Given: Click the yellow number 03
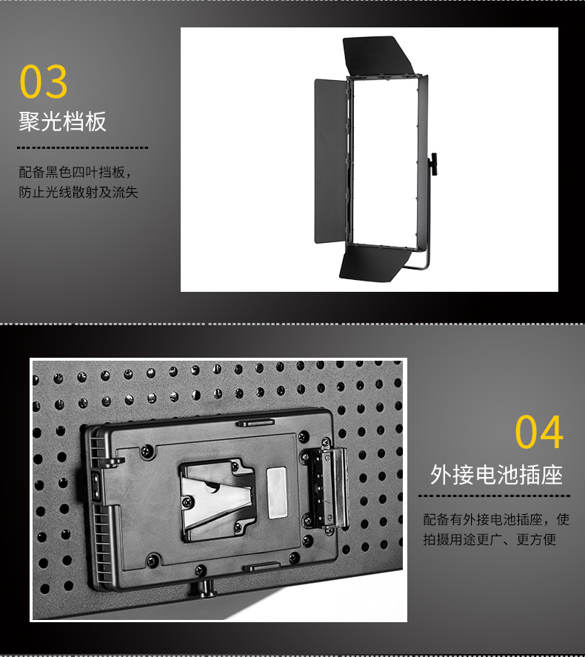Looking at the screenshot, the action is click(x=44, y=81).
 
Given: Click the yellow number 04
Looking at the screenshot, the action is click(x=539, y=432).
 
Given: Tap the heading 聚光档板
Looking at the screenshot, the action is click(x=62, y=121).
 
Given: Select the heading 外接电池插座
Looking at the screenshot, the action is click(x=497, y=475).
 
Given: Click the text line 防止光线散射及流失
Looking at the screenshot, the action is click(x=78, y=193).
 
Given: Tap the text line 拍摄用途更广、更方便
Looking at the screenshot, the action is click(x=489, y=539).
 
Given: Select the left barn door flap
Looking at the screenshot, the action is click(x=330, y=161).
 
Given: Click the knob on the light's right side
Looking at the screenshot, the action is click(x=433, y=164).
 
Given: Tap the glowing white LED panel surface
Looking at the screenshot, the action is click(x=385, y=161).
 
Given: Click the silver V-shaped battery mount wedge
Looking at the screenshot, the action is click(x=216, y=497).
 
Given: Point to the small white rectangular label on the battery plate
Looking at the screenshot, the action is click(x=277, y=493).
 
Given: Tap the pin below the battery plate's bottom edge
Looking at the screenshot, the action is click(x=207, y=588).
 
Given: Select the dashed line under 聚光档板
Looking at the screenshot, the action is click(x=82, y=147).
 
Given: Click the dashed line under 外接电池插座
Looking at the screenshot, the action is click(x=494, y=496).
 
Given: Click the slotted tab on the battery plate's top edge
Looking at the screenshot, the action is click(x=256, y=422).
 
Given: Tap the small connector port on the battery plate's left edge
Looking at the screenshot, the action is click(x=96, y=485).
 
